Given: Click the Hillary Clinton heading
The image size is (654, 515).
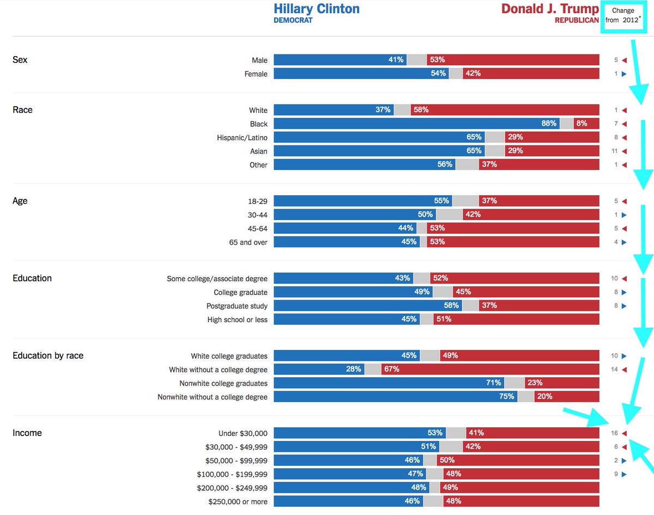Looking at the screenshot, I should [316, 9].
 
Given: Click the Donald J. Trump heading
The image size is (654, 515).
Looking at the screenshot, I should [549, 9].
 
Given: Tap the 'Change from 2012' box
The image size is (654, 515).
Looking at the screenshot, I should [623, 15].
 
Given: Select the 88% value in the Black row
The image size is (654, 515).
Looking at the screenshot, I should [549, 124].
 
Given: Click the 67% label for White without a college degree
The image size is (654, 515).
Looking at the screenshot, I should [391, 369].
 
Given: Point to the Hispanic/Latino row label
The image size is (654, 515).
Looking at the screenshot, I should [242, 138].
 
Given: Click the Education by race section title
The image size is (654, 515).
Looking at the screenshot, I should [48, 356].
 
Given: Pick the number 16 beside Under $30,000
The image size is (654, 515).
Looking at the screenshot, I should [614, 433].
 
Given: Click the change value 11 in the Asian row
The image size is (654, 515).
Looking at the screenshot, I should [614, 152].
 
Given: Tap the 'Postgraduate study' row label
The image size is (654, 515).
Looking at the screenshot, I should [237, 306].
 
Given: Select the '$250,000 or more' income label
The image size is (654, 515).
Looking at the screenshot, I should [238, 501].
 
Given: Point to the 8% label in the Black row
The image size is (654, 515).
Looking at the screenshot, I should [582, 124].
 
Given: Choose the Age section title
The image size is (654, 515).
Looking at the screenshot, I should [20, 201].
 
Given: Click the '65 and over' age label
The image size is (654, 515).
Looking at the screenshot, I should [248, 243].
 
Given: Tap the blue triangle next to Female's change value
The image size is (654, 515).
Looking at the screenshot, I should [624, 74].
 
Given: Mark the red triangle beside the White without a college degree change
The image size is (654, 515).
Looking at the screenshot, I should [624, 369].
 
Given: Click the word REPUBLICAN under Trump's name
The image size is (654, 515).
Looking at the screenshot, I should [577, 21].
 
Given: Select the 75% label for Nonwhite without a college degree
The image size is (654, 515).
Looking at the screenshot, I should [507, 397].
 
